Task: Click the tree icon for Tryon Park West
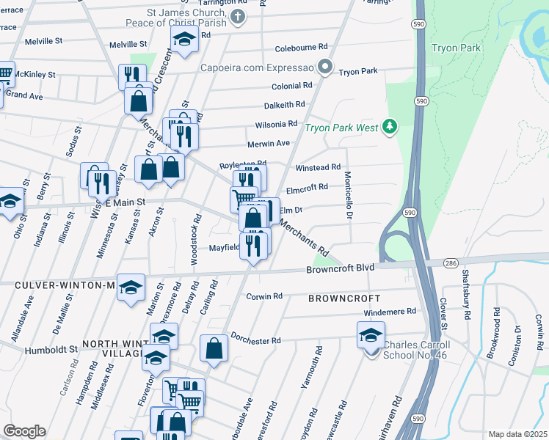tap(390, 128)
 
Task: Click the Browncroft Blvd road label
tap(340, 269)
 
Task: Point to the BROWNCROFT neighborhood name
tap(344, 298)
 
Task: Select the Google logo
tap(23, 430)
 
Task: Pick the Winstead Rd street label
tap(318, 168)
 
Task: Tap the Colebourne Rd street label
tap(301, 48)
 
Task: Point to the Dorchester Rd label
tap(256, 341)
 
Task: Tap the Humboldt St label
tap(52, 350)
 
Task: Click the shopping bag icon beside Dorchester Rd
tap(214, 348)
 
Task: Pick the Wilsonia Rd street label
tap(276, 124)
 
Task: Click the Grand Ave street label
tap(24, 95)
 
